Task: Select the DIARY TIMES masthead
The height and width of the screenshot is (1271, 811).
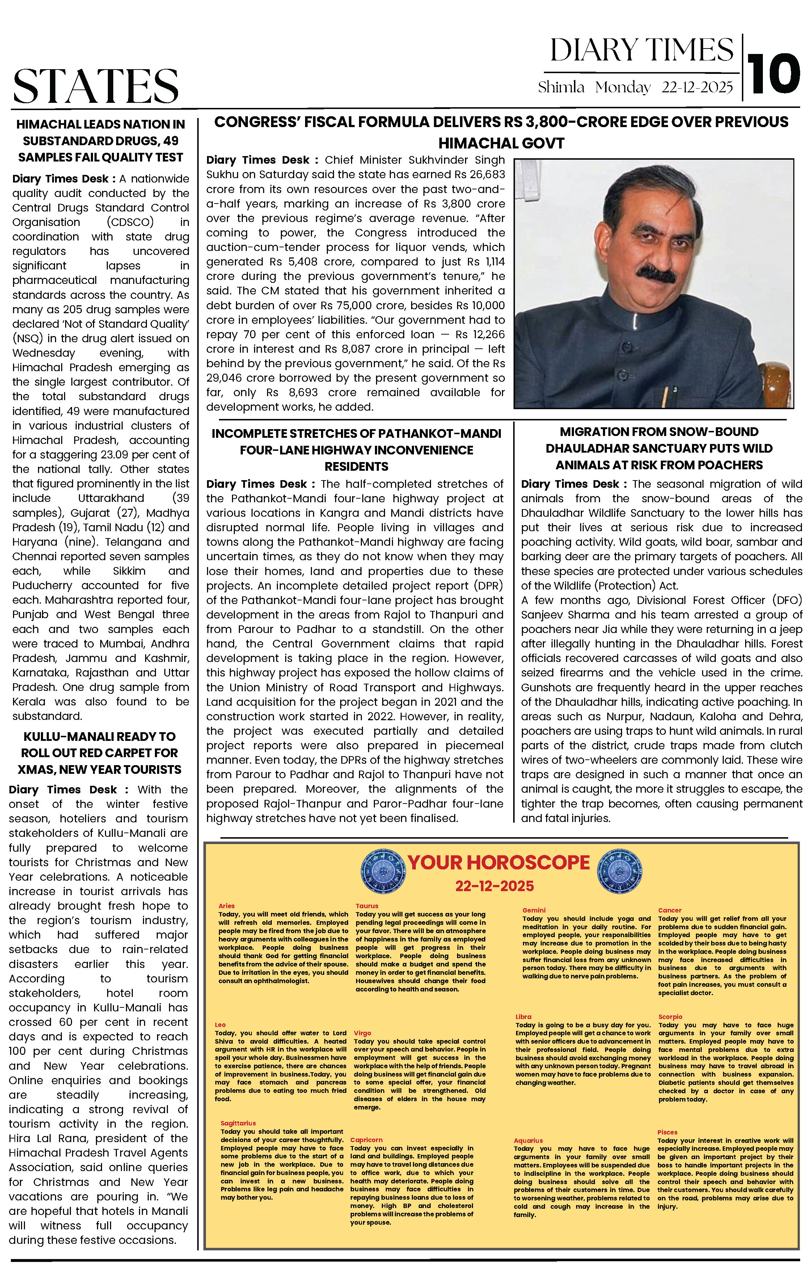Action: (642, 51)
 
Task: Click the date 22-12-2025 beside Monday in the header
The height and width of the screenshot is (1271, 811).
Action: (697, 87)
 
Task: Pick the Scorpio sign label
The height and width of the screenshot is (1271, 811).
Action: (670, 1016)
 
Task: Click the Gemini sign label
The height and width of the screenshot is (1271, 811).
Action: (534, 910)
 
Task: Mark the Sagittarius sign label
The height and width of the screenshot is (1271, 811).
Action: (238, 1123)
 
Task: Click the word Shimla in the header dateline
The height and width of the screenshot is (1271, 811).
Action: (561, 87)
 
